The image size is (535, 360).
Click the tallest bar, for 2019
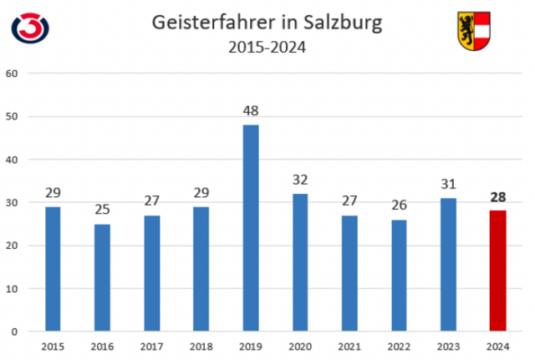(251, 228)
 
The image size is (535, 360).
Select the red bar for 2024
(498, 271)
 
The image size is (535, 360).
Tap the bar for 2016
(102, 277)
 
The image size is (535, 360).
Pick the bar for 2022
(400, 276)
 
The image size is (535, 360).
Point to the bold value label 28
(498, 197)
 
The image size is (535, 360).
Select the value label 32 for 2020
(300, 180)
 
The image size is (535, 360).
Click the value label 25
(102, 210)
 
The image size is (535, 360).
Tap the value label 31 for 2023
(449, 184)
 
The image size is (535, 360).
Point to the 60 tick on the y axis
(12, 73)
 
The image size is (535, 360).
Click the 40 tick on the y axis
(12, 159)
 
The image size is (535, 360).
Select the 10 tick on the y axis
(12, 288)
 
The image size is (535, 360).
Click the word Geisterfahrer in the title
(203, 23)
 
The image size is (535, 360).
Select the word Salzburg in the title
(341, 23)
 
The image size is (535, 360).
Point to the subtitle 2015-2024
(267, 48)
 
